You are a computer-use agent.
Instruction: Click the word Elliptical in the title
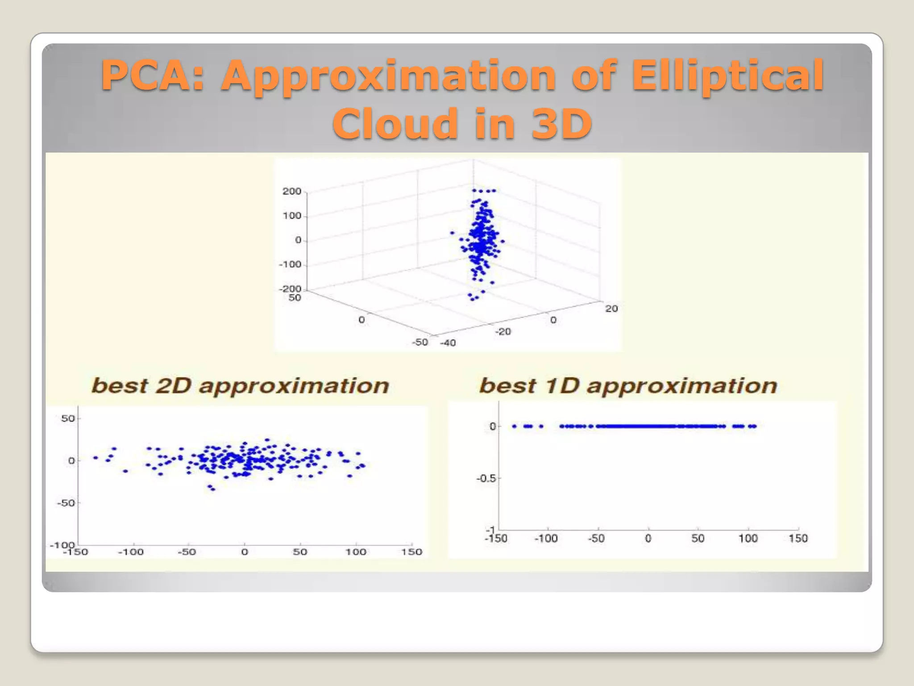coord(727,76)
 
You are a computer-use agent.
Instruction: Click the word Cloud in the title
coord(395,124)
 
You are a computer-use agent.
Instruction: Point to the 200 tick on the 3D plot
coord(292,191)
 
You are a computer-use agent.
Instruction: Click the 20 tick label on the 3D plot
coord(611,309)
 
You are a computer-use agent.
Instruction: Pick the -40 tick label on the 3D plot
coord(448,343)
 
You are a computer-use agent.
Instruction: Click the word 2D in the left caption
coord(173,385)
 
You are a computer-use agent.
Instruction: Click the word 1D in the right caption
coord(561,385)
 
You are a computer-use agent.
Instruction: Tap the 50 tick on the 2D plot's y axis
coord(68,418)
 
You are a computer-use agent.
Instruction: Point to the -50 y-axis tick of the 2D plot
coord(66,503)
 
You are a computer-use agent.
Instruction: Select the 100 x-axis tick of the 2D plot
coord(356,552)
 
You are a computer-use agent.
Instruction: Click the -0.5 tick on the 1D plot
coord(486,478)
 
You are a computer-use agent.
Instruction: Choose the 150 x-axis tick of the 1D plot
coord(798,538)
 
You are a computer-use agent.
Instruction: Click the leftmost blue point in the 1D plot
coord(514,426)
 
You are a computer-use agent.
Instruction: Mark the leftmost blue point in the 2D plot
coord(96,458)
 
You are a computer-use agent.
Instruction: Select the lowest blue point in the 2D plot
coord(213,489)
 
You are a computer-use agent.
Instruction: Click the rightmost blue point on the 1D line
coord(754,426)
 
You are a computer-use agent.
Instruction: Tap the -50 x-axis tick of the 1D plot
coord(596,538)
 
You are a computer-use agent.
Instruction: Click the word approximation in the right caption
coord(682,385)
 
